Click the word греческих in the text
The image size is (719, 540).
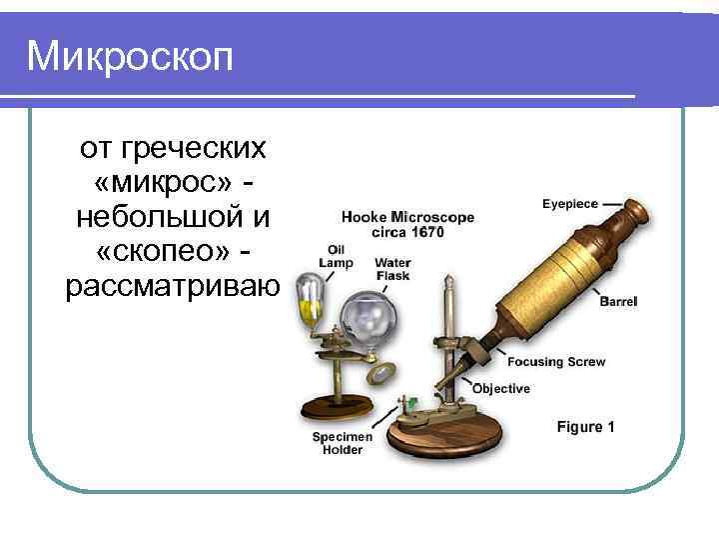coord(194,149)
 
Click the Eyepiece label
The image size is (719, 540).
coord(570,204)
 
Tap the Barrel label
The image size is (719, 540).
coord(618,301)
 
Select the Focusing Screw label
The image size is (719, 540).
coord(555,362)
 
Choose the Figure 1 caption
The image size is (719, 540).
coord(585,427)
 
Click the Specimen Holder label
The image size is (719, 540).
coord(343,443)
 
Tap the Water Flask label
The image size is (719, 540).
coord(391,269)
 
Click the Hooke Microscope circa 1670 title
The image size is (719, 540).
coord(407,224)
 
